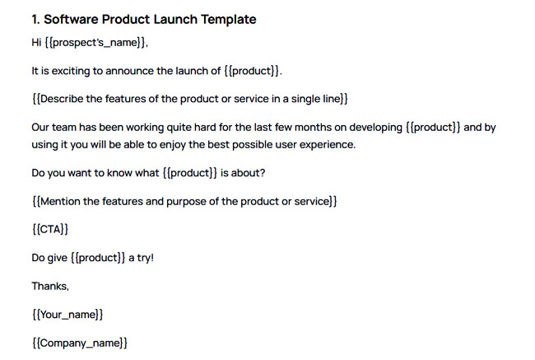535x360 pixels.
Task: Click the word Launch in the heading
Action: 175,19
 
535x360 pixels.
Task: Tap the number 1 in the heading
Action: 35,19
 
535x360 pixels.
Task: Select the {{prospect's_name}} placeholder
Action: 97,44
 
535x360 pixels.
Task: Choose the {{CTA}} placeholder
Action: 49,229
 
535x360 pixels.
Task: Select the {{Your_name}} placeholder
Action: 67,314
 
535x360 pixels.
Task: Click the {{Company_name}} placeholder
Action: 79,342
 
